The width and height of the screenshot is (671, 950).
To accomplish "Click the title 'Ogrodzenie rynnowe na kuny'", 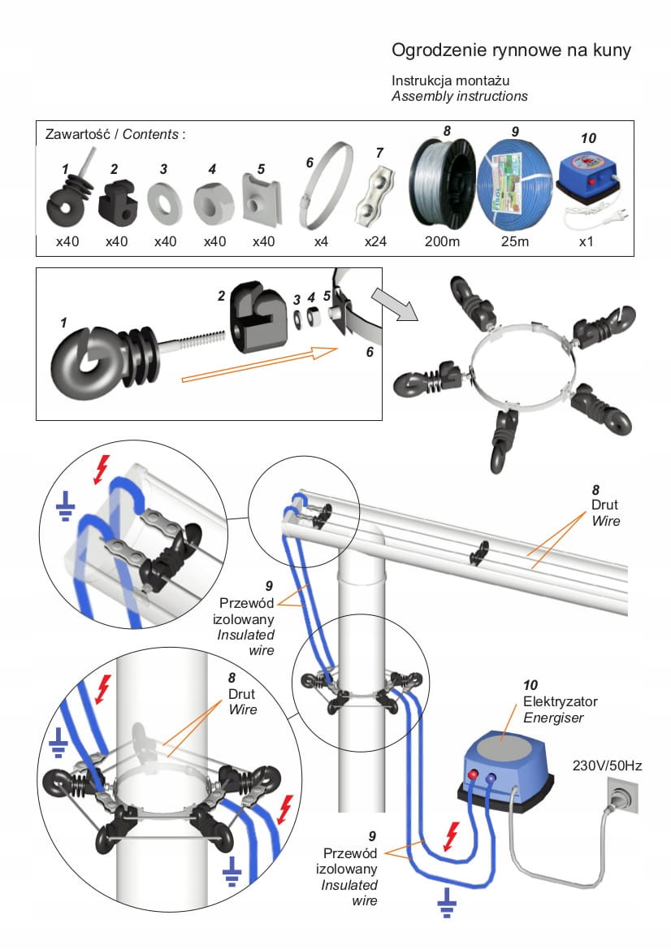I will (x=511, y=51).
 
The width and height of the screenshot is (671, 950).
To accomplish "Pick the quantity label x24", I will (x=376, y=242).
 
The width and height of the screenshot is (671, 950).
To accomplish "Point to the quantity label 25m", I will (x=514, y=242).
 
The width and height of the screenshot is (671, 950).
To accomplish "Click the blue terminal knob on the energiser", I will (x=491, y=778).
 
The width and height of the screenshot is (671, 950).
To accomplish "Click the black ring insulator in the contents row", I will (x=67, y=199).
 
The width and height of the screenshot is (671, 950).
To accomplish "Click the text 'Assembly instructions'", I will (x=460, y=96).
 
